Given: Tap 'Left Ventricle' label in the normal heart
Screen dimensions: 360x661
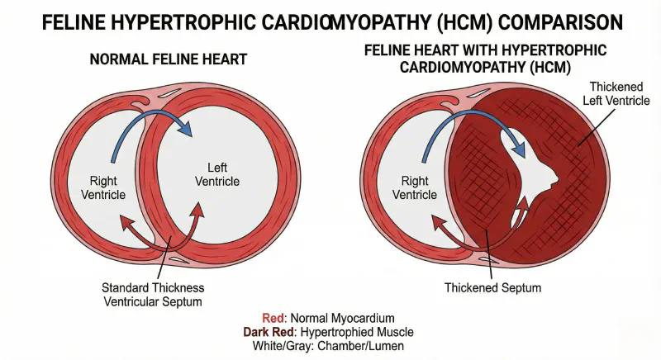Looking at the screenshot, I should (x=216, y=174).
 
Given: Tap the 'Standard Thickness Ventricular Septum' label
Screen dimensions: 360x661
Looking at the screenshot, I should (x=153, y=295).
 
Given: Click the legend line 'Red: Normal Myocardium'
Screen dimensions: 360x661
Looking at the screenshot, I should (x=330, y=316).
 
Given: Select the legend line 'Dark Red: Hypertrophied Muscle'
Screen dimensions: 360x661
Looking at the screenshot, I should (x=330, y=331).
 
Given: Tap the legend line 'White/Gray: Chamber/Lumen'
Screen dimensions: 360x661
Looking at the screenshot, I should (x=330, y=346).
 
